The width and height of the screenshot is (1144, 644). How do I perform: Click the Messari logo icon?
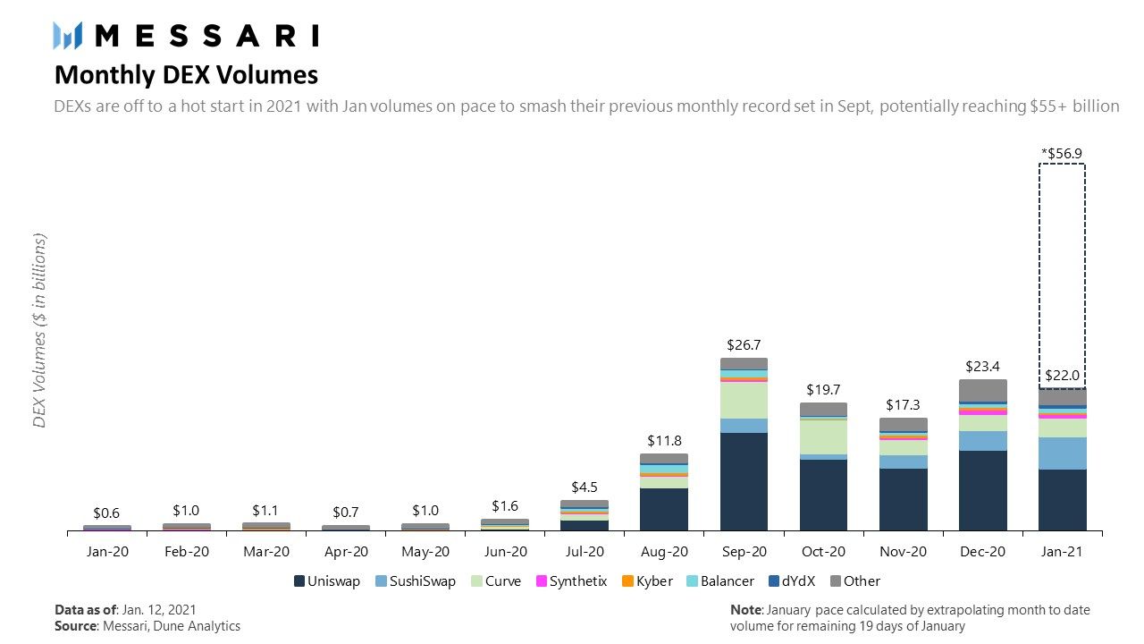click(x=68, y=35)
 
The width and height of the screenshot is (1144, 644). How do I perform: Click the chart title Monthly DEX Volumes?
click(x=186, y=73)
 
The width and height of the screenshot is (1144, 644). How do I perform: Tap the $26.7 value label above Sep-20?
click(x=744, y=344)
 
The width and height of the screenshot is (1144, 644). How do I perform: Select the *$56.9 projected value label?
click(x=1062, y=153)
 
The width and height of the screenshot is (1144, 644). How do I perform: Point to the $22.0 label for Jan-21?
click(x=1062, y=376)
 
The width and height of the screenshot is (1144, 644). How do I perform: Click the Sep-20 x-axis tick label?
click(x=744, y=552)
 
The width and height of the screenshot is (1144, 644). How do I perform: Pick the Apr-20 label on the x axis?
click(x=346, y=552)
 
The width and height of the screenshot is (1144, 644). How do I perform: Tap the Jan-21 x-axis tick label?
click(x=1062, y=552)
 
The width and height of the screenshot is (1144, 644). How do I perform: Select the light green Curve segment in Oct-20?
click(x=823, y=436)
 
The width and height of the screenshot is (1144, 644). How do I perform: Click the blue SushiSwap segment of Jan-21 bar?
click(x=1062, y=453)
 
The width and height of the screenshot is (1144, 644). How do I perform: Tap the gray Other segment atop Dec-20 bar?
click(x=982, y=390)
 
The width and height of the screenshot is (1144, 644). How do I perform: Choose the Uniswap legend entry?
click(x=327, y=581)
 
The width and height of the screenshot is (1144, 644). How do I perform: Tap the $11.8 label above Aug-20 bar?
click(x=664, y=440)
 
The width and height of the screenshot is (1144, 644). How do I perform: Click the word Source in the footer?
click(x=75, y=626)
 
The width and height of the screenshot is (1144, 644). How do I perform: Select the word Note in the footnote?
click(x=745, y=610)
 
